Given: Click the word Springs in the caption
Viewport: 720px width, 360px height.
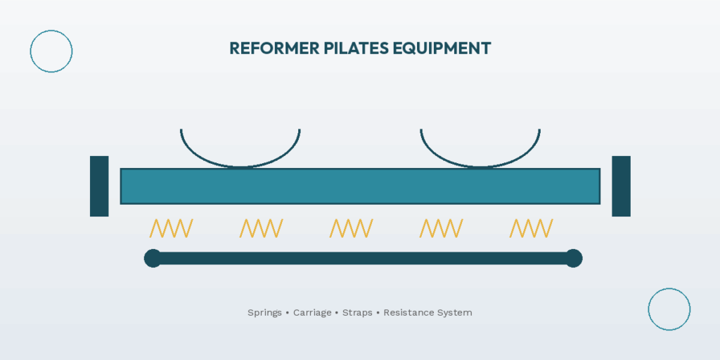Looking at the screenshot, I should pyautogui.click(x=264, y=312).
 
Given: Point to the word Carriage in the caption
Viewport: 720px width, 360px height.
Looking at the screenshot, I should pyautogui.click(x=312, y=312).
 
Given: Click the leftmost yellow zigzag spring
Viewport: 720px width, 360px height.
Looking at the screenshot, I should pyautogui.click(x=171, y=228).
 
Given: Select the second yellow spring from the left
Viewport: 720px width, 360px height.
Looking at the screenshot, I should pyautogui.click(x=261, y=228).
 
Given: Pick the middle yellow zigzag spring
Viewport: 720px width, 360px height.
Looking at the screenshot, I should pyautogui.click(x=351, y=228).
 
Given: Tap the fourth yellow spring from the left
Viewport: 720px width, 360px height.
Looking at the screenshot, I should pyautogui.click(x=441, y=228).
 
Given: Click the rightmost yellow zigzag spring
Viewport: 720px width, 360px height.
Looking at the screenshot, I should pyautogui.click(x=531, y=228).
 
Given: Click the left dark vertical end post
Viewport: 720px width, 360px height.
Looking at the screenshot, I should pyautogui.click(x=99, y=186).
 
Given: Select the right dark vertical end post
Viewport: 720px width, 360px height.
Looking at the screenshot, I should pyautogui.click(x=621, y=186).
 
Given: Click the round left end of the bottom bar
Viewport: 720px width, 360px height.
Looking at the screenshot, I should pyautogui.click(x=153, y=258).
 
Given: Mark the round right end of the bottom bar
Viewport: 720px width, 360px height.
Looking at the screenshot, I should pyautogui.click(x=574, y=258).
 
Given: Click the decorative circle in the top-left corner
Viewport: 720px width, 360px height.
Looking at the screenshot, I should pyautogui.click(x=51, y=51).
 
